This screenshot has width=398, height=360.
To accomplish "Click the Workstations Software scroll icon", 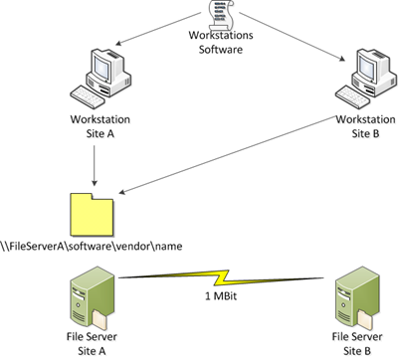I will coord(212,13).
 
